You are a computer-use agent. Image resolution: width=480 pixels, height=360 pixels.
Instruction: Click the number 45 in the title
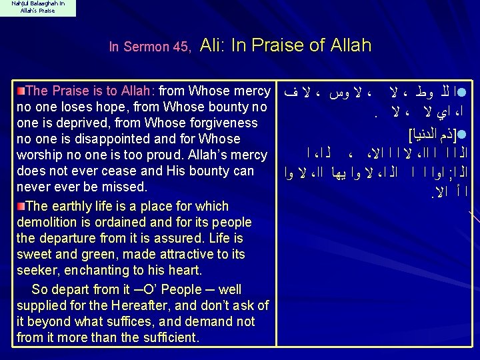181,47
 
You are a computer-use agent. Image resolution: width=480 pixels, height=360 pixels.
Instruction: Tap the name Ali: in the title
215,45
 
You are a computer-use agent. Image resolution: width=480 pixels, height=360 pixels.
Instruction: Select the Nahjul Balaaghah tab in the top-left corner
38,8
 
